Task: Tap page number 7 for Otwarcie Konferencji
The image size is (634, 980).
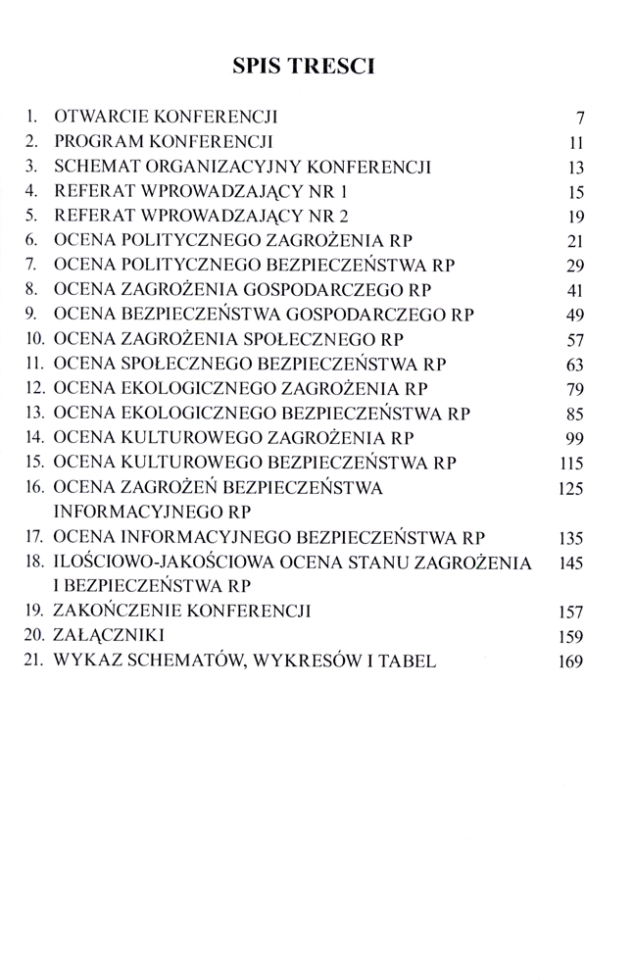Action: click(x=580, y=120)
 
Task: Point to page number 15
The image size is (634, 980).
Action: click(x=575, y=192)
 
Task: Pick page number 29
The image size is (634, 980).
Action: click(x=575, y=266)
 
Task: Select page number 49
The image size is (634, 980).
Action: click(x=575, y=316)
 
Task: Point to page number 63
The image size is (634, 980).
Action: click(x=575, y=365)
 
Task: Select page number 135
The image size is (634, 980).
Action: click(x=570, y=537)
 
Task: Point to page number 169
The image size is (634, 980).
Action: click(x=570, y=661)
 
